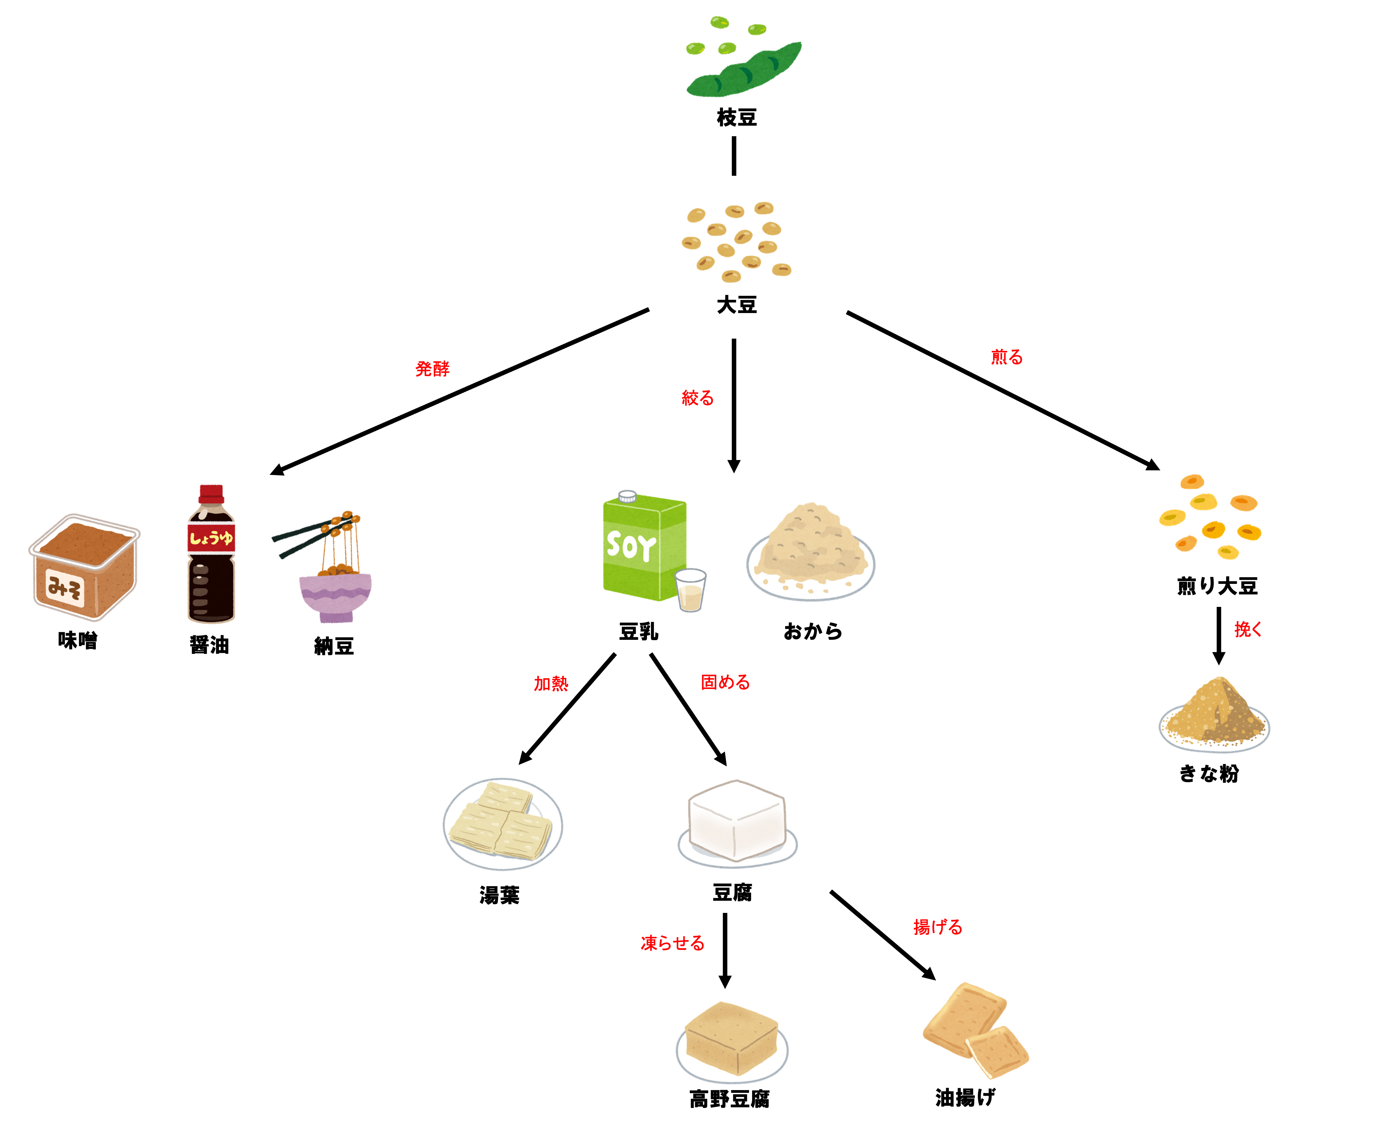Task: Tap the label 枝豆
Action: pos(736,117)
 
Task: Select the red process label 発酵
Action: pos(432,368)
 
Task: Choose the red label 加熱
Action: pos(551,683)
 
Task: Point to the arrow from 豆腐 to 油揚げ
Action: pos(882,935)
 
